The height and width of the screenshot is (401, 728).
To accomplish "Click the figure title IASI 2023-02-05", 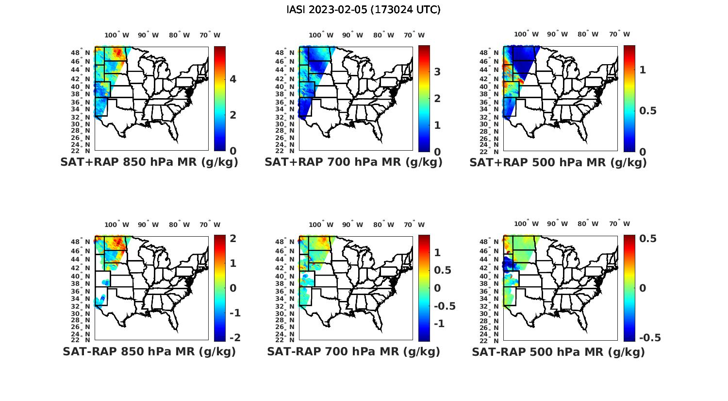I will (x=364, y=10).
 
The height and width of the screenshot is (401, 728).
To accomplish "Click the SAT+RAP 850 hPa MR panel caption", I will (x=149, y=162).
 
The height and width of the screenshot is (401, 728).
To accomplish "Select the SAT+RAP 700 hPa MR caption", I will (x=353, y=162).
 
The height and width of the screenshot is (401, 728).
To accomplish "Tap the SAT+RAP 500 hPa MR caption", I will (x=558, y=162).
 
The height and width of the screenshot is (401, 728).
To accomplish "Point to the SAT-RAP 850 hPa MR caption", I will (x=149, y=351).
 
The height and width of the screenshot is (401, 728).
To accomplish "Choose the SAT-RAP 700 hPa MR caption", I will (x=353, y=351).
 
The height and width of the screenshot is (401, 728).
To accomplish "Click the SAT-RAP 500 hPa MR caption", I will (x=558, y=352).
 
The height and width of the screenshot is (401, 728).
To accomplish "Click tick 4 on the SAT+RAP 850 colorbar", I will (x=232, y=79).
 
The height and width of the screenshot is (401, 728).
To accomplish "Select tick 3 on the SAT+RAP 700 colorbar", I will (x=437, y=72).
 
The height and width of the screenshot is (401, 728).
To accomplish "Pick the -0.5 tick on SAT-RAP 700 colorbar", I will (x=444, y=306).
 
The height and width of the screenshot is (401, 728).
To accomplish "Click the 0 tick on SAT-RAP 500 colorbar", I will (x=642, y=288).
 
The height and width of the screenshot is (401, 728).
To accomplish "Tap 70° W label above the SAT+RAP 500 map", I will (x=619, y=35).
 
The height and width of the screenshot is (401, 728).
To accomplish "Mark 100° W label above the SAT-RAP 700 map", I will (x=321, y=225).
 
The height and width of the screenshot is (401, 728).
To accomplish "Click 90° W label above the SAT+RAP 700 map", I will (x=353, y=35).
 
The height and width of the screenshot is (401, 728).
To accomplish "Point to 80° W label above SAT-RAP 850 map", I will (x=180, y=225).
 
